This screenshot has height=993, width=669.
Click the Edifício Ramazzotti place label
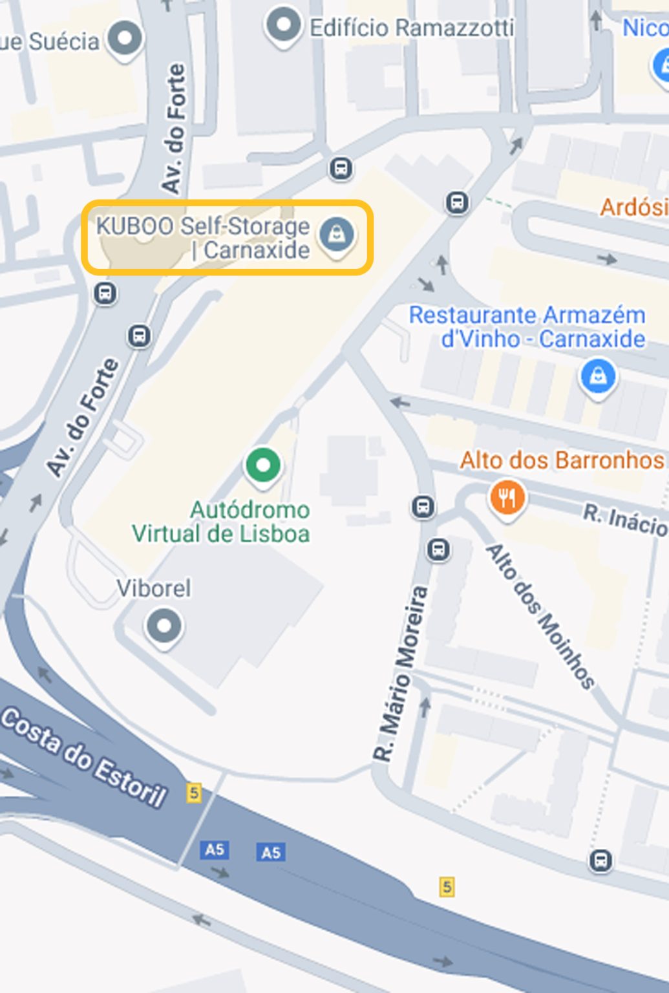(412, 28)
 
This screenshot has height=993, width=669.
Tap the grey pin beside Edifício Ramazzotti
(283, 26)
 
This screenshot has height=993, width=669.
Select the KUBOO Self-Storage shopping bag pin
(336, 234)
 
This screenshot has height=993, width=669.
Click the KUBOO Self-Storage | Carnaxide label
(203, 238)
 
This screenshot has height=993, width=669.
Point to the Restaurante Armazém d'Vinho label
(527, 326)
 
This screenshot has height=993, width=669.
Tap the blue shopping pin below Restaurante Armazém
(598, 376)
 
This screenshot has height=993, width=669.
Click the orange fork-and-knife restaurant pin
(507, 498)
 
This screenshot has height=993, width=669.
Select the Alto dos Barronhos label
(562, 460)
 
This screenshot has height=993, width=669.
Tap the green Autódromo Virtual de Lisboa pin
(263, 465)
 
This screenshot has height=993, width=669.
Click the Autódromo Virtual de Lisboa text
(221, 522)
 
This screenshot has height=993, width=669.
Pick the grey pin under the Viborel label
(164, 626)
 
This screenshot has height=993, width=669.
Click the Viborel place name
(154, 588)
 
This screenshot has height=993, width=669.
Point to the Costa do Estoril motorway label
(84, 757)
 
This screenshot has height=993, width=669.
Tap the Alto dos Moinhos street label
(540, 616)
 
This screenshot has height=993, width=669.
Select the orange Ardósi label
(633, 208)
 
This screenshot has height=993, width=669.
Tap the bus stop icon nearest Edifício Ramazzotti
(341, 169)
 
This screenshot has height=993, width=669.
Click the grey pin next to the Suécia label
(125, 38)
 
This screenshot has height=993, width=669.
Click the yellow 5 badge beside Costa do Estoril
(193, 792)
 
